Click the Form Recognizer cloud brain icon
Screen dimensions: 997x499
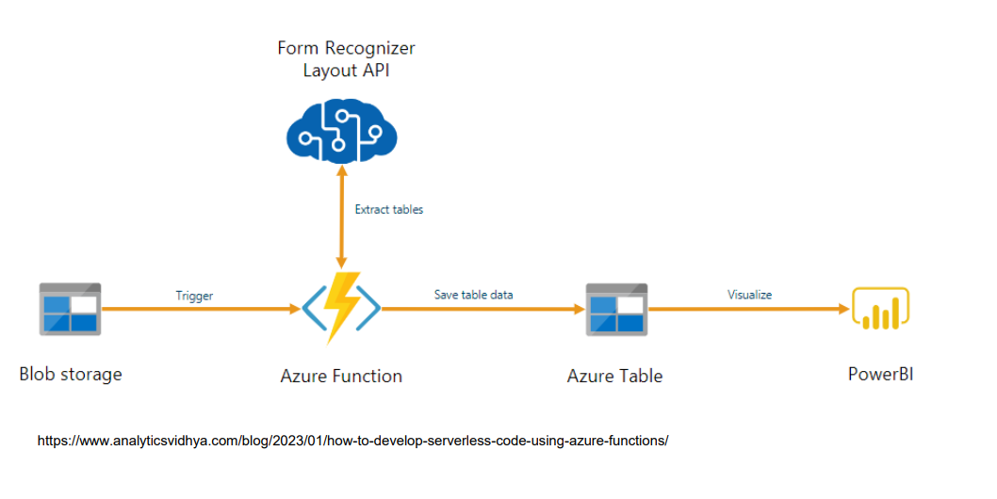pyautogui.click(x=341, y=131)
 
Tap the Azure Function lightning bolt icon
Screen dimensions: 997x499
pyautogui.click(x=341, y=308)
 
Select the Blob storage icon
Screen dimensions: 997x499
pyautogui.click(x=70, y=309)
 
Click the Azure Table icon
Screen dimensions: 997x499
pyautogui.click(x=616, y=310)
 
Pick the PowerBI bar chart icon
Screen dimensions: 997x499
pyautogui.click(x=881, y=309)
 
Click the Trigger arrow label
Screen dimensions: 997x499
pyautogui.click(x=194, y=296)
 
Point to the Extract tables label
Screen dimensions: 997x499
pyautogui.click(x=388, y=209)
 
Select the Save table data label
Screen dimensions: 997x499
pyautogui.click(x=474, y=295)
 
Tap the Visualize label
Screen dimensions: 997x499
pyautogui.click(x=750, y=295)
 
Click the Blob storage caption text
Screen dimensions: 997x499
pyautogui.click(x=71, y=374)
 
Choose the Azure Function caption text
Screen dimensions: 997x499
pyautogui.click(x=341, y=376)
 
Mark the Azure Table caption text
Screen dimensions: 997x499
pyautogui.click(x=614, y=376)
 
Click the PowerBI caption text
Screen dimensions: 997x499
pyautogui.click(x=881, y=374)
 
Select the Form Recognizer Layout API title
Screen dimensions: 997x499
pyautogui.click(x=346, y=59)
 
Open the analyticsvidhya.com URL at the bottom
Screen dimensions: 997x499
pyautogui.click(x=352, y=441)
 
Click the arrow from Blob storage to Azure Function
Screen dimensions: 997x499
pyautogui.click(x=202, y=309)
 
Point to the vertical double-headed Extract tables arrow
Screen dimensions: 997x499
pyautogui.click(x=341, y=217)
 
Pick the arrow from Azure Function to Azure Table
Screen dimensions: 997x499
pyautogui.click(x=483, y=309)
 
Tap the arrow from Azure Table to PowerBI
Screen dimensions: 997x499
pyautogui.click(x=749, y=309)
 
